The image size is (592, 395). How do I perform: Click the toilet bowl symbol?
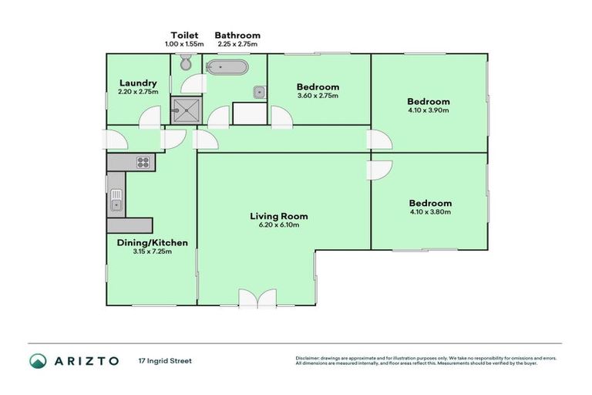[x=184, y=64]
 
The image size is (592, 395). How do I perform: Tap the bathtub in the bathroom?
[x=227, y=67]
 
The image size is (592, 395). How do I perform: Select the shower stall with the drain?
[x=184, y=111]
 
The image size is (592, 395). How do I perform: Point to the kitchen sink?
[x=116, y=200]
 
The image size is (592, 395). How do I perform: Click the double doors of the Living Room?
[x=257, y=298]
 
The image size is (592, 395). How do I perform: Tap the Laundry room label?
[x=139, y=83]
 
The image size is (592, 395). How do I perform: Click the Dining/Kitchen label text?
[x=152, y=243]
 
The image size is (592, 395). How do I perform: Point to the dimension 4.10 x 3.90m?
[x=429, y=110]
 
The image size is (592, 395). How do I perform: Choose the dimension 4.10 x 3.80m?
[x=429, y=211]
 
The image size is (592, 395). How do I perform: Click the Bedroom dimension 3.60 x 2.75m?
[x=318, y=96]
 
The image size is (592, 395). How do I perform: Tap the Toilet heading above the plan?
[x=184, y=35]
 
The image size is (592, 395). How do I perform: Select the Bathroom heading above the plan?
[x=237, y=35]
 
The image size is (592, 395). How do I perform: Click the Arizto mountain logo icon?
[x=38, y=360]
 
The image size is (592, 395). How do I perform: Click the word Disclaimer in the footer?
[x=307, y=358]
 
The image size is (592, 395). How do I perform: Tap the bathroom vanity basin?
[x=260, y=93]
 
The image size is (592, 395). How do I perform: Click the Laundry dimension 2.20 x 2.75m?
[x=139, y=92]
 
